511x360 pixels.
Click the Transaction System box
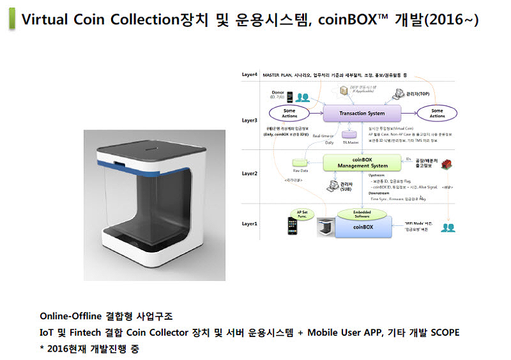pyautogui.click(x=362, y=114)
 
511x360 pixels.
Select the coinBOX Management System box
pyautogui.click(x=363, y=163)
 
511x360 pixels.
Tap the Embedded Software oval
pyautogui.click(x=363, y=214)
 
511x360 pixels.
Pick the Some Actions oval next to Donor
pyautogui.click(x=289, y=113)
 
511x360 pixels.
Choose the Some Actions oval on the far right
pyautogui.click(x=437, y=113)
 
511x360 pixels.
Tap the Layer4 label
pyautogui.click(x=250, y=75)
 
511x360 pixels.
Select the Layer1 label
pyautogui.click(x=250, y=223)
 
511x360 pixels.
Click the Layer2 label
pyautogui.click(x=250, y=174)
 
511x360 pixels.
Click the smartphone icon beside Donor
pyautogui.click(x=289, y=97)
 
